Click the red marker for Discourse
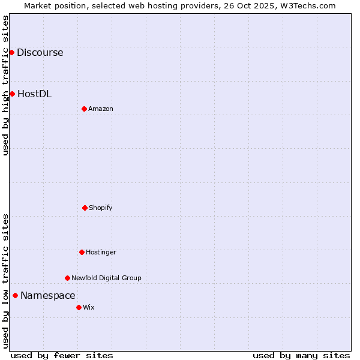pyautogui.click(x=11, y=52)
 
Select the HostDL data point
pyautogui.click(x=12, y=94)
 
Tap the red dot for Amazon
pyautogui.click(x=84, y=109)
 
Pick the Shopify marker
pyautogui.click(x=85, y=208)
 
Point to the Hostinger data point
pyautogui.click(x=82, y=252)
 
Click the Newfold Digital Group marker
pyautogui.click(x=67, y=278)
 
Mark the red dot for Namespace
pyautogui.click(x=15, y=295)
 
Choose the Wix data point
pyautogui.click(x=79, y=307)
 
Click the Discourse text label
pyautogui.click(x=40, y=52)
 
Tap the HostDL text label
pyautogui.click(x=34, y=94)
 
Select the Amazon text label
pyautogui.click(x=101, y=109)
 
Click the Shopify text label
pyautogui.click(x=101, y=208)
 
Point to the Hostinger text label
pyautogui.click(x=101, y=252)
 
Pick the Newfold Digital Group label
pyautogui.click(x=106, y=278)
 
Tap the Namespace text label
pyautogui.click(x=48, y=295)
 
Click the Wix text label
pyautogui.click(x=89, y=307)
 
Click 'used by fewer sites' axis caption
pyautogui.click(x=62, y=355)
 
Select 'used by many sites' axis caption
pyautogui.click(x=301, y=355)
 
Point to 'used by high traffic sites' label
pyautogui.click(x=5, y=85)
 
